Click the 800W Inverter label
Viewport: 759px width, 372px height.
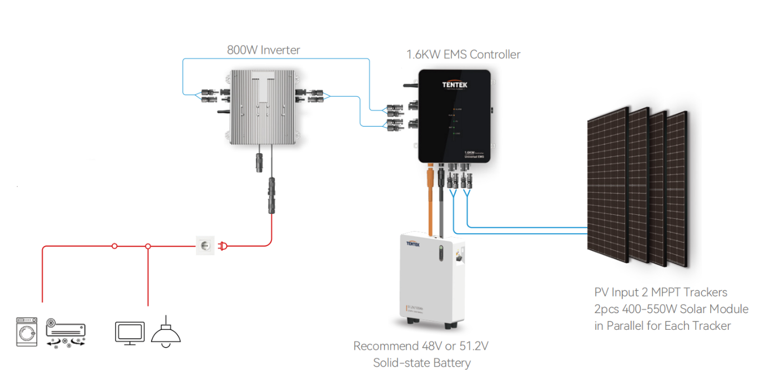point(263,50)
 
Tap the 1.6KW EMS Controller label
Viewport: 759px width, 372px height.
point(463,54)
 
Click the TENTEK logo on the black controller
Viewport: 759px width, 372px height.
point(455,84)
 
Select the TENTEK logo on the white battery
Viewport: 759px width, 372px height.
point(415,243)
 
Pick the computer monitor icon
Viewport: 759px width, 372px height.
point(129,333)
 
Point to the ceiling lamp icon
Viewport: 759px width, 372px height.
point(165,332)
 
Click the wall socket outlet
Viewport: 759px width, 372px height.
point(205,245)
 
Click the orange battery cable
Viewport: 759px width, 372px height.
point(430,200)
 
